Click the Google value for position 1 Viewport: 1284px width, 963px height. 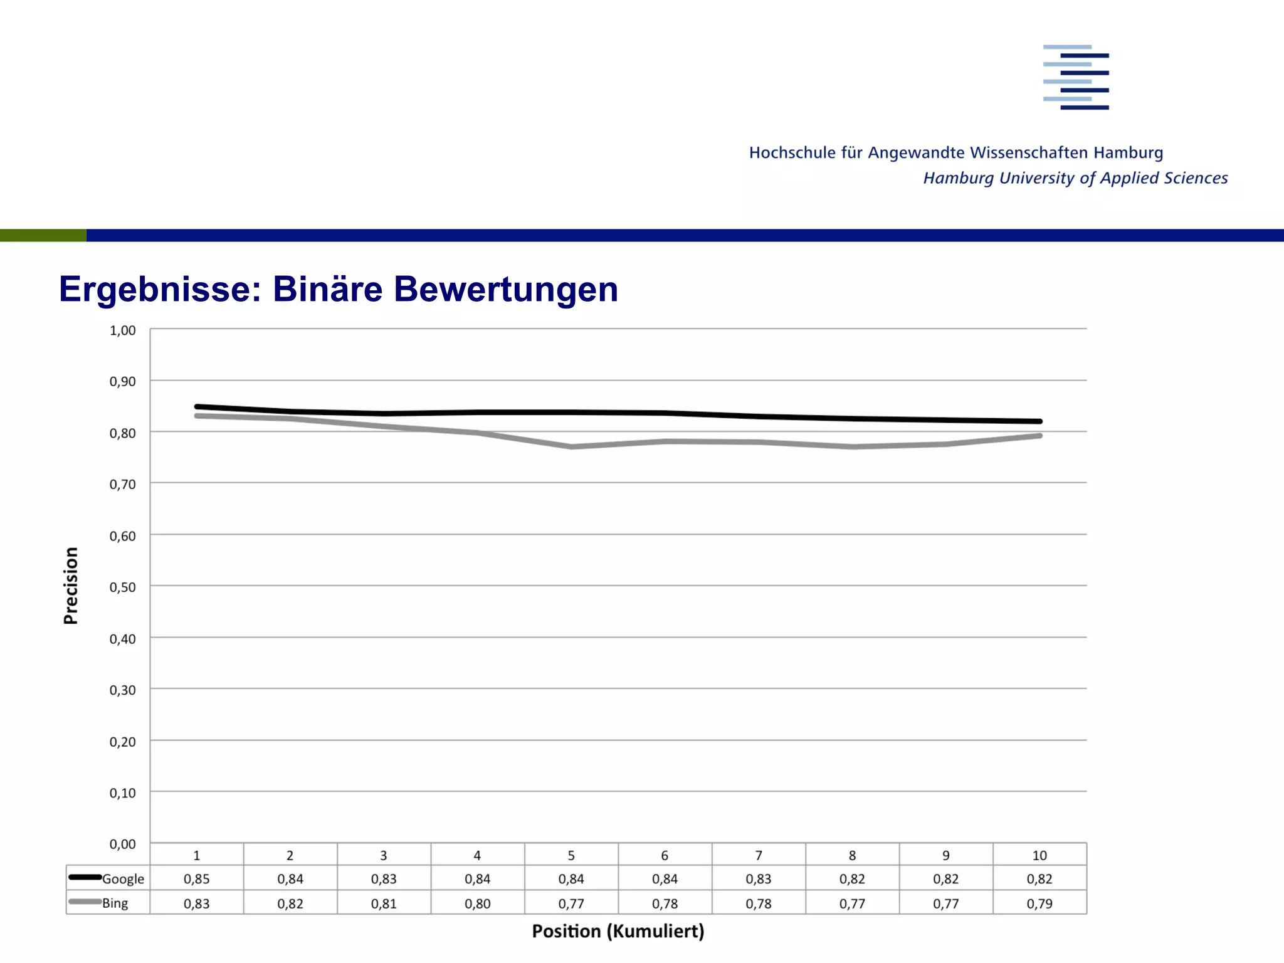(x=196, y=879)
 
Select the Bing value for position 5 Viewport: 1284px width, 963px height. (x=571, y=903)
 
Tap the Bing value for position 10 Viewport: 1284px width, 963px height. (x=1039, y=903)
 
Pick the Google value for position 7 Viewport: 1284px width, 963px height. (x=759, y=879)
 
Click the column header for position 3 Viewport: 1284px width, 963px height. (x=384, y=855)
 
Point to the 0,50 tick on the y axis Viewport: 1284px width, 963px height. (x=122, y=587)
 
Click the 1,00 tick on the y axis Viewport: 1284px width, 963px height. (x=122, y=330)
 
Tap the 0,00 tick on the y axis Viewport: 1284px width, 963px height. (x=122, y=844)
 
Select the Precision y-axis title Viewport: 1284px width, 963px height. (x=71, y=586)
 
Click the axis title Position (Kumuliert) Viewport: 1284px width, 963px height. (x=618, y=931)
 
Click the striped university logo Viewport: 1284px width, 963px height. (x=1076, y=77)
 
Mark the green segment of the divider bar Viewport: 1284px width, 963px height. (x=43, y=235)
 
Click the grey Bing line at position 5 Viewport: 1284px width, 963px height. (x=571, y=446)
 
